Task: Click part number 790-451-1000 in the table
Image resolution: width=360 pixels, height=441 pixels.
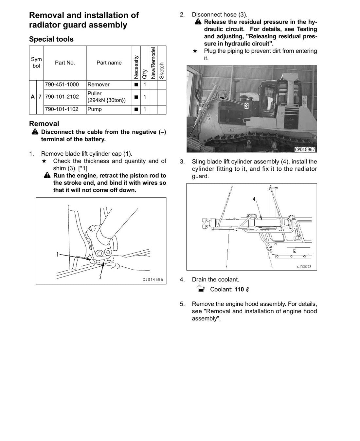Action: [62, 85]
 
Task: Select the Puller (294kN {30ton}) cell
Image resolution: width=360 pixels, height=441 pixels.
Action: [107, 97]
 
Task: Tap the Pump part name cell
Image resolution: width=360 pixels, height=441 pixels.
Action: [95, 109]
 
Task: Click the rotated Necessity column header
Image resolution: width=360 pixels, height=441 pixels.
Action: [136, 67]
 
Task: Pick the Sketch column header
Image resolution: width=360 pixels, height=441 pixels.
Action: [162, 71]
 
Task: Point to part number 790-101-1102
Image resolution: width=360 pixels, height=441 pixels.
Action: [62, 109]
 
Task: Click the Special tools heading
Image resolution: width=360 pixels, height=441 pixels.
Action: [51, 39]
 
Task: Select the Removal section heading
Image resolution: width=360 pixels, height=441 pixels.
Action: [44, 124]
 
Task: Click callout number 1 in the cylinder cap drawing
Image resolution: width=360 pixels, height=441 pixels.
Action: [58, 254]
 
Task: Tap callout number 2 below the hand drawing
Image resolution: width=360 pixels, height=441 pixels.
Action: [100, 277]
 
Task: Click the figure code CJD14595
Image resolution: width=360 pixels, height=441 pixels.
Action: [153, 279]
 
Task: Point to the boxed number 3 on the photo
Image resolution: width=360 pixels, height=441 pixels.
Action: [246, 106]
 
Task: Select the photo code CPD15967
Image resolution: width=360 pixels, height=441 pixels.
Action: [305, 149]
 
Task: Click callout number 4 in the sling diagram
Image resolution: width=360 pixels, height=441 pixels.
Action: [254, 199]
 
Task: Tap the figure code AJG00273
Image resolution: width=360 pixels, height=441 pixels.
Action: [304, 267]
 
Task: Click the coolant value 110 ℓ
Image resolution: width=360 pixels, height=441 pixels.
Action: [242, 289]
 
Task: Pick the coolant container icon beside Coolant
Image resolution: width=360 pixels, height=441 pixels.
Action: [201, 289]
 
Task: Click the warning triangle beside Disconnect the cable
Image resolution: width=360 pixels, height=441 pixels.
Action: [35, 132]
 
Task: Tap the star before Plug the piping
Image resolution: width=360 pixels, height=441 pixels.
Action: [195, 51]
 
